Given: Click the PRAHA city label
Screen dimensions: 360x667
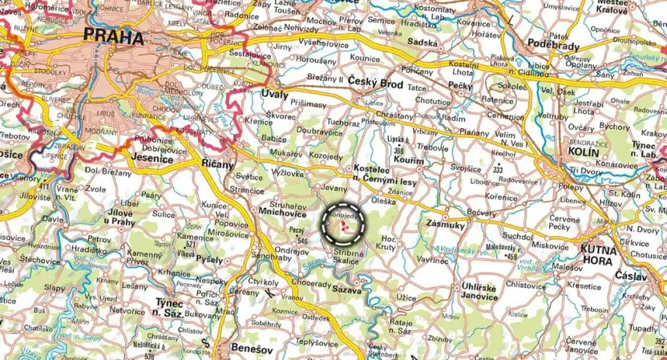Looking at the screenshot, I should point(112,37).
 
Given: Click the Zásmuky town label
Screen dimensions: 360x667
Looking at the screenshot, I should point(446,224).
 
